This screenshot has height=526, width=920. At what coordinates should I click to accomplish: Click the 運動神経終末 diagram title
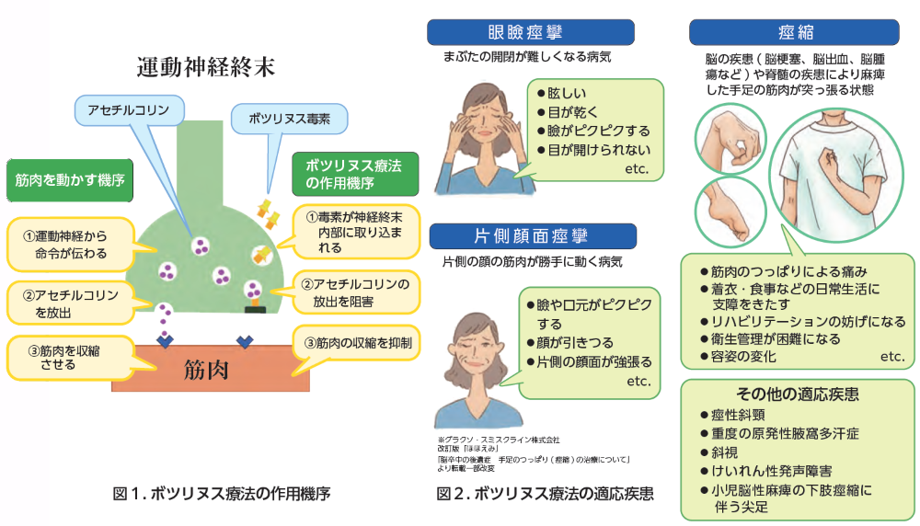coord(205,67)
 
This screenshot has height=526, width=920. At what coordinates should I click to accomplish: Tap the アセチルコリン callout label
coord(128,109)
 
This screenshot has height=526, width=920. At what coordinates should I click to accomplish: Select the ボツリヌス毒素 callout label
coord(288,118)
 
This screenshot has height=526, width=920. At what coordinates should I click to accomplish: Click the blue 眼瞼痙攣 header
coord(530,32)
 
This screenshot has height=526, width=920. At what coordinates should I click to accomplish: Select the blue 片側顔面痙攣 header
coord(530,238)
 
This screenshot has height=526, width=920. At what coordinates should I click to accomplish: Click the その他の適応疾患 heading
coord(798,394)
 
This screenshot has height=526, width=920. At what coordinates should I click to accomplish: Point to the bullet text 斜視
coord(725,452)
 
